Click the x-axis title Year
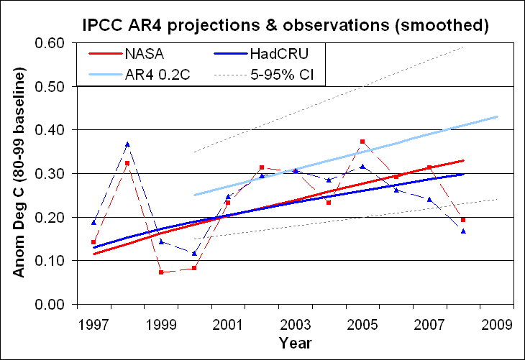tap(295, 343)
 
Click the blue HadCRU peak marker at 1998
tap(127, 144)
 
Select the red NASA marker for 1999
tap(160, 272)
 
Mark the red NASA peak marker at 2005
tap(362, 142)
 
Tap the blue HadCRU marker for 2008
tap(463, 231)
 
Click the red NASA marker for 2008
tap(463, 220)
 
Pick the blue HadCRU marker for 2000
tap(194, 253)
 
